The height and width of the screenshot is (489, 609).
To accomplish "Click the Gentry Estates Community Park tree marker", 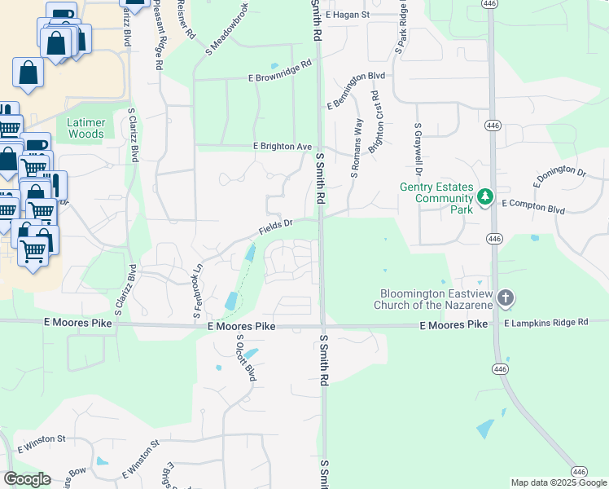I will [485, 196].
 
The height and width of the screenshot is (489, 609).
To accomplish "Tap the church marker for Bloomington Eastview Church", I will [506, 298].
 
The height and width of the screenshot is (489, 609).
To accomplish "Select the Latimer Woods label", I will [85, 128].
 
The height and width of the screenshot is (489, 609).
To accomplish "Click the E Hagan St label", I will [347, 15].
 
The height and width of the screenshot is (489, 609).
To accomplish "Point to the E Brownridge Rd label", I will [281, 71].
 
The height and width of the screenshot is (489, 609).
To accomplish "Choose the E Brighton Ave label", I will [283, 146].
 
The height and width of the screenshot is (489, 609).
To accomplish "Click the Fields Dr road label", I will [275, 227].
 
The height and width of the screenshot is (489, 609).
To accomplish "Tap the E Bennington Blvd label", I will [356, 90].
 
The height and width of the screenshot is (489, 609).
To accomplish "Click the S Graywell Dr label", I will [418, 152].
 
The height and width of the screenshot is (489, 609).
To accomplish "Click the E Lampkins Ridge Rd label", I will [545, 324].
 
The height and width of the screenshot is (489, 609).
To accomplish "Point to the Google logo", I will [27, 479].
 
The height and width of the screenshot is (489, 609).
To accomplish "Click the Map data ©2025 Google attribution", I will [559, 482].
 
